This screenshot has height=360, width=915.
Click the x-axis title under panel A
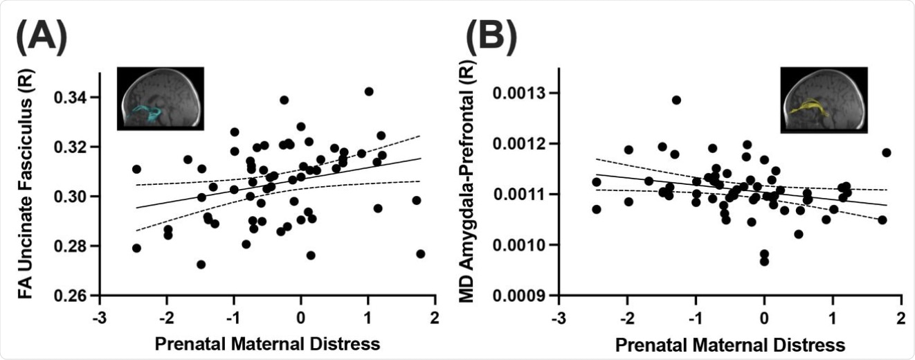point(266,342)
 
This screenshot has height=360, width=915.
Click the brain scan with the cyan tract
point(161,98)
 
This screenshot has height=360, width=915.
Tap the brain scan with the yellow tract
point(823,100)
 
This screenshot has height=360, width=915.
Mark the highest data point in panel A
point(369,91)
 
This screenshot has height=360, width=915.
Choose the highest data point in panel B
point(676,100)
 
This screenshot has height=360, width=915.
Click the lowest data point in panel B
point(764,261)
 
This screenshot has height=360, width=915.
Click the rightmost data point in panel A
point(421,254)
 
